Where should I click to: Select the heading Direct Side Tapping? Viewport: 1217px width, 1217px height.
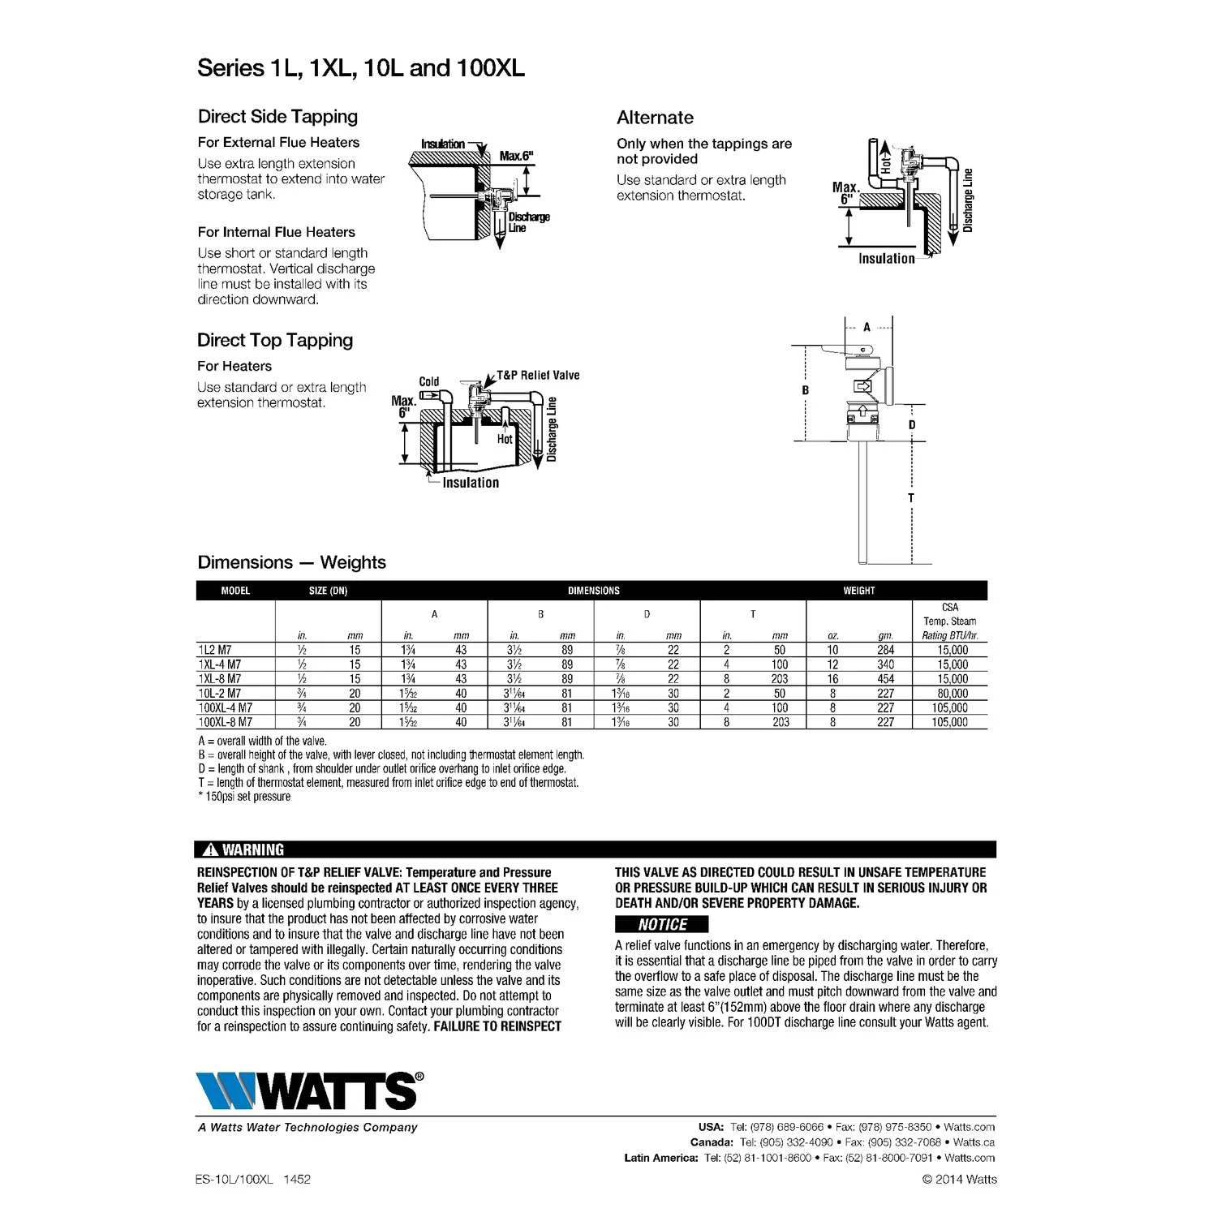tap(277, 117)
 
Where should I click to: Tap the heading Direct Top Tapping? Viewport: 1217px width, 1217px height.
tap(275, 341)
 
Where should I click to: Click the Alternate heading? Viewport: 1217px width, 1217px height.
tap(655, 118)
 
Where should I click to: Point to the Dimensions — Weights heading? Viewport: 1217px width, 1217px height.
tap(291, 562)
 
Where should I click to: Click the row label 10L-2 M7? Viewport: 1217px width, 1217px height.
tap(220, 693)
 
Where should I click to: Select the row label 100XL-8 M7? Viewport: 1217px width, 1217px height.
tap(226, 722)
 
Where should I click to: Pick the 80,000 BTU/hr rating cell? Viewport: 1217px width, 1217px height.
tap(953, 693)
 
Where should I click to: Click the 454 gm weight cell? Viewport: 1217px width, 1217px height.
tap(885, 678)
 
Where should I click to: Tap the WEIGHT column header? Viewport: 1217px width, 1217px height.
tap(858, 591)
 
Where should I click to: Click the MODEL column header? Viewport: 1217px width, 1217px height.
tap(235, 591)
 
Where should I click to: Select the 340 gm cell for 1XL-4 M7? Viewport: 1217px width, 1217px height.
tap(885, 664)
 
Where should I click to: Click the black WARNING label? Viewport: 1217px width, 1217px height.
tap(243, 849)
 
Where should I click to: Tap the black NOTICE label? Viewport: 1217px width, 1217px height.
tap(661, 924)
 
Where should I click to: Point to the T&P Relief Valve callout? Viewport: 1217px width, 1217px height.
tap(538, 375)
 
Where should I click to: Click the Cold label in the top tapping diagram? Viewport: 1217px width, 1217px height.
tap(429, 381)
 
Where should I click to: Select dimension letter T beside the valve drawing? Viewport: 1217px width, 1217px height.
tap(911, 497)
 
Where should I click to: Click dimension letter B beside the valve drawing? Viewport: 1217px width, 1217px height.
tap(806, 390)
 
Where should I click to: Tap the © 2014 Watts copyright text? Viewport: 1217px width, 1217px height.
tap(960, 1179)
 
